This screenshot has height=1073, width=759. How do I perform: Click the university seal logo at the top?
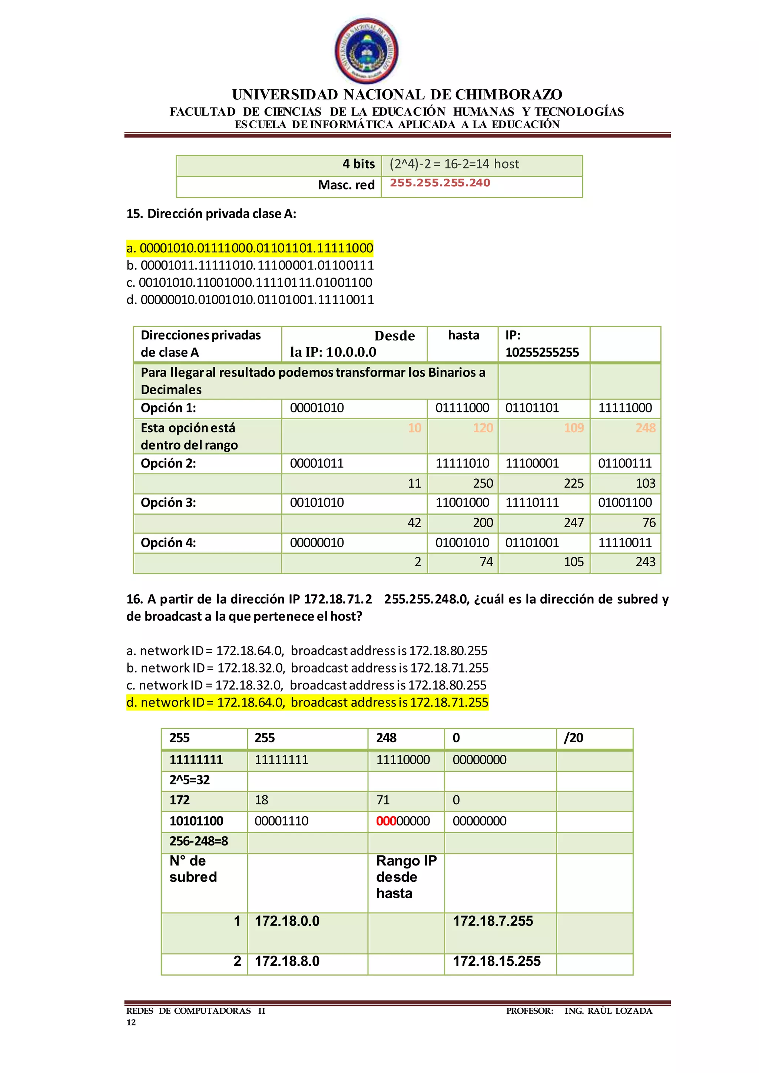pyautogui.click(x=367, y=50)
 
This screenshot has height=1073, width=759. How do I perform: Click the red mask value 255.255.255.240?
pyautogui.click(x=440, y=183)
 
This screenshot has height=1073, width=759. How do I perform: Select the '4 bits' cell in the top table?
pyautogui.click(x=358, y=164)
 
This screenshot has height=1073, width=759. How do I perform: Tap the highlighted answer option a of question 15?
pyautogui.click(x=250, y=248)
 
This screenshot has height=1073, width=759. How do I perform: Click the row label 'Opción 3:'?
pyautogui.click(x=169, y=503)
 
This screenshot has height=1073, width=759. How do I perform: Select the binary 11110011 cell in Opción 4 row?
pyautogui.click(x=624, y=542)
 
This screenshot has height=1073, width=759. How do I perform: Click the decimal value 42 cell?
pyautogui.click(x=414, y=522)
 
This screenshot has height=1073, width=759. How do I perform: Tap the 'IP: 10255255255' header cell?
pyautogui.click(x=542, y=344)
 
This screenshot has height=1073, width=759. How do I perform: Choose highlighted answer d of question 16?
pyautogui.click(x=307, y=702)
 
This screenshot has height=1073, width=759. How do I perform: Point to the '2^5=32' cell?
pyautogui.click(x=189, y=780)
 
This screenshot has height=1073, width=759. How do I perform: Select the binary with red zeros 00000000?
pyautogui.click(x=403, y=821)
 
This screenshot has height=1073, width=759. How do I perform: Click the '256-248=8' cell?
pyautogui.click(x=199, y=841)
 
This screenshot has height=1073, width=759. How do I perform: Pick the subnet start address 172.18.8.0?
pyautogui.click(x=287, y=961)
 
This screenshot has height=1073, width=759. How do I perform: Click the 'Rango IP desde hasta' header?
pyautogui.click(x=406, y=877)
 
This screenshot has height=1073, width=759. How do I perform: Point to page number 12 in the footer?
pyautogui.click(x=131, y=1022)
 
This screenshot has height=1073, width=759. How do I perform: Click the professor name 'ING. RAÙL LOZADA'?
pyautogui.click(x=608, y=1011)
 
